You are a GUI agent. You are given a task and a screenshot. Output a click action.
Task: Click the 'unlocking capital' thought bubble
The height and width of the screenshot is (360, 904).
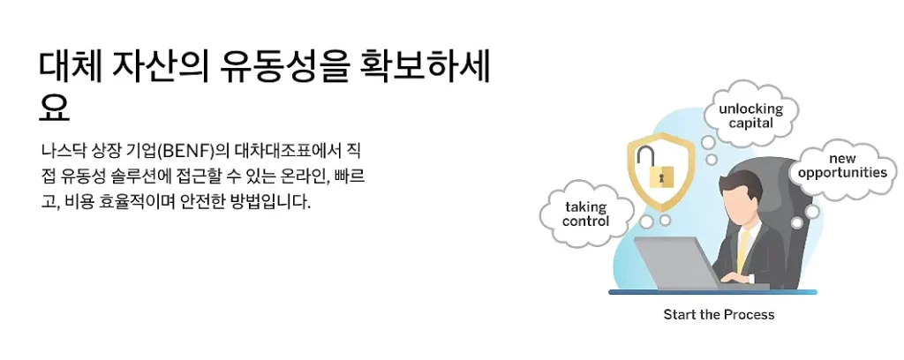pos(750,116)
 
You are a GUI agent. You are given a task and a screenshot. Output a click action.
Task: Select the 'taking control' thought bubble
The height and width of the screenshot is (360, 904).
pos(586,214)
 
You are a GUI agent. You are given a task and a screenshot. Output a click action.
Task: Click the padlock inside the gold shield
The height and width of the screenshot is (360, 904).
pos(659,176)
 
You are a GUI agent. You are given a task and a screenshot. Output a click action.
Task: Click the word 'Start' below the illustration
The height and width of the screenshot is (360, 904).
pos(679,314)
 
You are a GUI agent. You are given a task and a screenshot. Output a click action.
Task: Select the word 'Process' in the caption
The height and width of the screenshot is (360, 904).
pos(750,314)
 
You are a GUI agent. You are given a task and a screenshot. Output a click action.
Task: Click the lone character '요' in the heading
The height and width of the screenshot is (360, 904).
pos(55,109)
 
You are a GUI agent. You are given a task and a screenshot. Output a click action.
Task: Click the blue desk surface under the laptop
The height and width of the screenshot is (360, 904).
pos(706,291)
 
